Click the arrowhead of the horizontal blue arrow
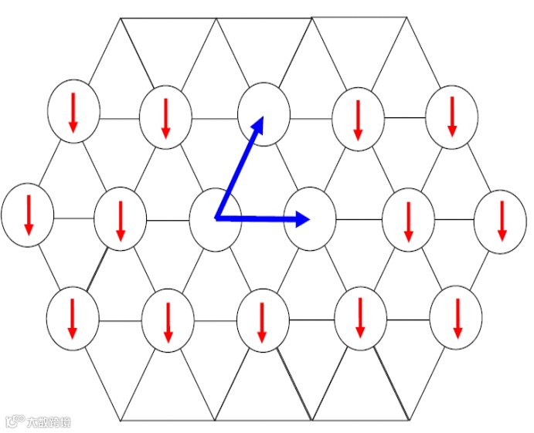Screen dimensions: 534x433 (x=302, y=219)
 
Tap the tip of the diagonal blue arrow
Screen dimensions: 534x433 (x=262, y=119)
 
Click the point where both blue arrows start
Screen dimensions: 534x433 (x=217, y=218)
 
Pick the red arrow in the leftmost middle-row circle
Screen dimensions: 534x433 (x=29, y=215)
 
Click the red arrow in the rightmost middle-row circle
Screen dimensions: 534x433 (x=501, y=220)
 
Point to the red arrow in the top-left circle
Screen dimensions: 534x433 (x=73, y=112)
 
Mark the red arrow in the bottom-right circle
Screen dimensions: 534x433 (x=457, y=318)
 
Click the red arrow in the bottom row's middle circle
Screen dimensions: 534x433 (x=262, y=322)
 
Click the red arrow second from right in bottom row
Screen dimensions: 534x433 (x=360, y=317)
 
